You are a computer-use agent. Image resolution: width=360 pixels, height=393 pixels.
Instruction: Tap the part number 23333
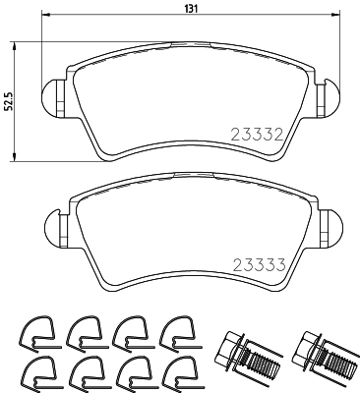pos(257,263)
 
